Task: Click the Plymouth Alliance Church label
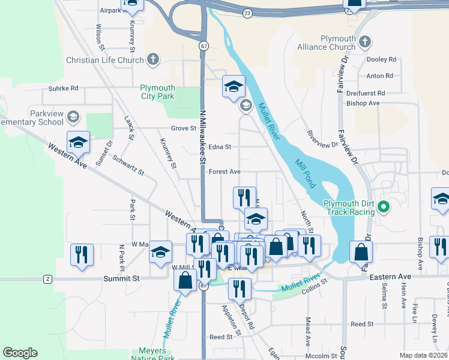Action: coord(330,43)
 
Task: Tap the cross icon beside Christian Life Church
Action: coord(153,59)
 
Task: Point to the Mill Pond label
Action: coord(306,173)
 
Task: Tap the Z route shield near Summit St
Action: coord(48,279)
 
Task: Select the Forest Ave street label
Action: coord(224,172)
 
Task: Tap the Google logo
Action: coord(20,353)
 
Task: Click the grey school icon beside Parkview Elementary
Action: coord(73,116)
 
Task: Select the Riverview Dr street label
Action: coord(322,139)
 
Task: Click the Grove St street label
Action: coord(184,128)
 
